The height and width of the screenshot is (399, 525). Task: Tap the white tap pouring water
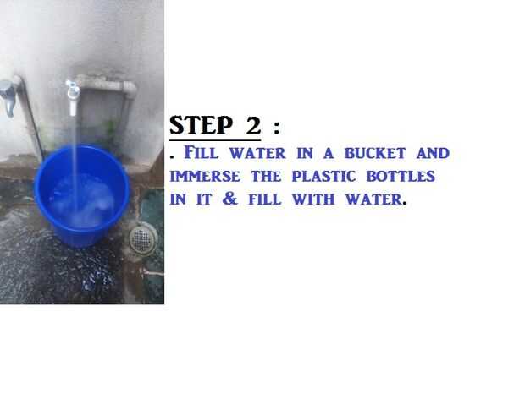point(72,97)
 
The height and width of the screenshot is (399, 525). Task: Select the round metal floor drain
point(143,238)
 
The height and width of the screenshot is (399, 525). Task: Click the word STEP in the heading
point(201,125)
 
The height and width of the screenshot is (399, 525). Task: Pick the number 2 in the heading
point(253,125)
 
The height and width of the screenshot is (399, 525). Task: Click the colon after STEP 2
point(276,128)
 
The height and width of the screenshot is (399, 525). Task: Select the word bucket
point(375,153)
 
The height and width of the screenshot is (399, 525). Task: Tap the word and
point(433,153)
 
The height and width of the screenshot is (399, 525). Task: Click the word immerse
point(205,176)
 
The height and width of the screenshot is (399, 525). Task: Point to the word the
point(266,176)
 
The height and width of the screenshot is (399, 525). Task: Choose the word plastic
point(323,176)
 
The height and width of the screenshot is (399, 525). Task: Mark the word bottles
point(401,176)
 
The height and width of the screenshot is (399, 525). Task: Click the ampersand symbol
point(230,199)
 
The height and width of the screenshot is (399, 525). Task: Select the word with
point(313,199)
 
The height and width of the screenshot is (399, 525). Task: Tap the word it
point(204,199)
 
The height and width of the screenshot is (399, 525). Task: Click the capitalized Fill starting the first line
point(202,153)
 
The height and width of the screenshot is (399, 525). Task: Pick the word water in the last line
point(374,199)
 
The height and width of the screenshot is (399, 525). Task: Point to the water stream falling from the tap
point(75,164)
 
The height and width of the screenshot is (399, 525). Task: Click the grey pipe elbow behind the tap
point(129,88)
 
